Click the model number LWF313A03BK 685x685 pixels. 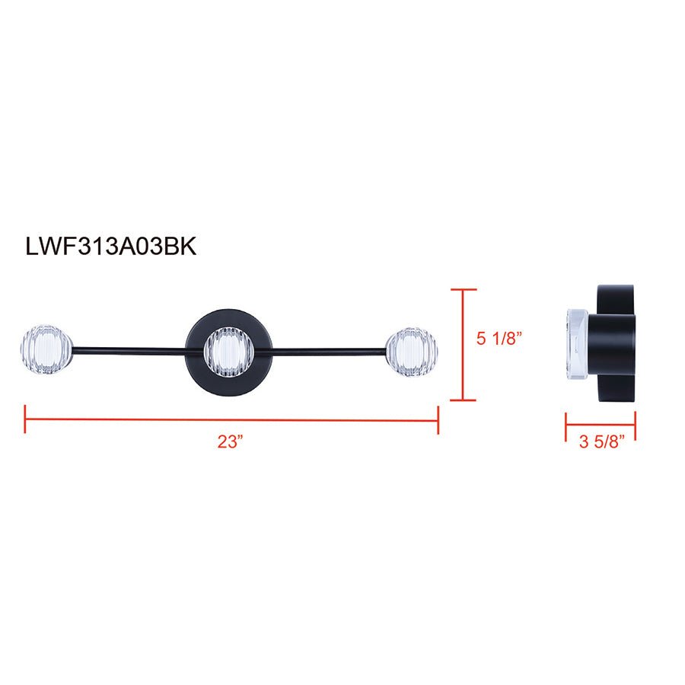(x=111, y=247)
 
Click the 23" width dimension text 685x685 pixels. (x=228, y=442)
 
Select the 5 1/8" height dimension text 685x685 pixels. (x=500, y=339)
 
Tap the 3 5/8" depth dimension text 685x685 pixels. (x=600, y=442)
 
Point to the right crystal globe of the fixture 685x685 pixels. (x=412, y=351)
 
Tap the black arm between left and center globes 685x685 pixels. (x=129, y=351)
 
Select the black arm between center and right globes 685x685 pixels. (x=327, y=351)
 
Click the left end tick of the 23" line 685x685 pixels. (x=25, y=419)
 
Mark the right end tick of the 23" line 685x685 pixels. (x=438, y=419)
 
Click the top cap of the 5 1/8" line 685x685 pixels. (x=464, y=290)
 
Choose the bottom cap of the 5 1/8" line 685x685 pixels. (x=464, y=400)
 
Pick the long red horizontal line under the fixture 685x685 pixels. (x=228, y=419)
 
